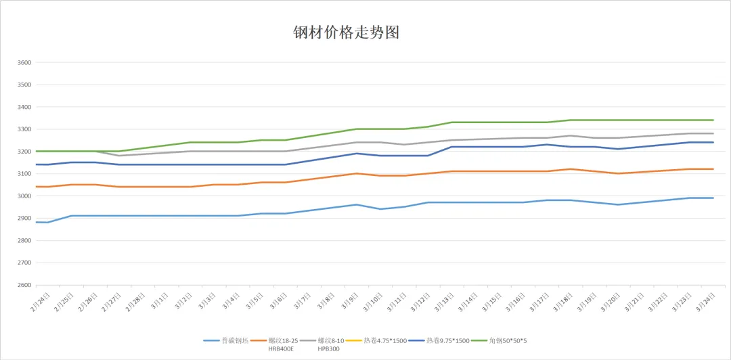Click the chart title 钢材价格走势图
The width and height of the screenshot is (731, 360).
[x=349, y=32]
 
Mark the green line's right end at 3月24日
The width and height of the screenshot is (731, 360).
[x=713, y=120]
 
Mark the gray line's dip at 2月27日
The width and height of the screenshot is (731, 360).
[x=118, y=156]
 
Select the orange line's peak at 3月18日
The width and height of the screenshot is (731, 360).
[x=570, y=169]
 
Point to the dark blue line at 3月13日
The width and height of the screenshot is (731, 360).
[x=451, y=147]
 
